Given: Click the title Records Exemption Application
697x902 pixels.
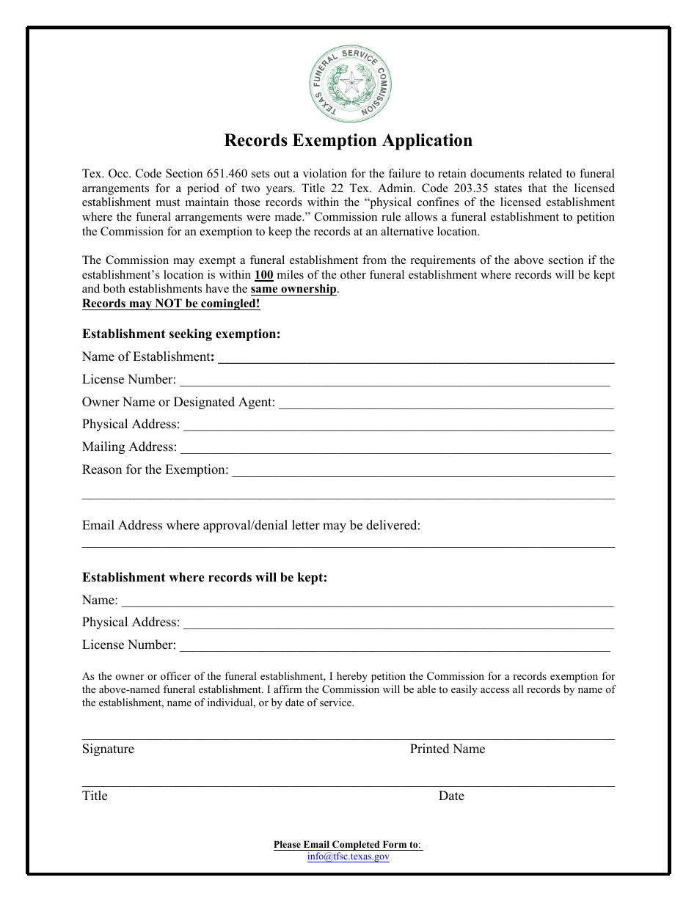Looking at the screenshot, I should click(348, 140).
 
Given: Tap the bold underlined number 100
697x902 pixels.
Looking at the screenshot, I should click(263, 275).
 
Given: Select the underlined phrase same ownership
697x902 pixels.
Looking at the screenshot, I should click(293, 289).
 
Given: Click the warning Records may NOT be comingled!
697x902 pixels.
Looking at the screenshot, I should click(171, 303).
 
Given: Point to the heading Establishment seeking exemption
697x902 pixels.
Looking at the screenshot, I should click(181, 334).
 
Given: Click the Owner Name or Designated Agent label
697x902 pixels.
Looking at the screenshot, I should click(178, 402).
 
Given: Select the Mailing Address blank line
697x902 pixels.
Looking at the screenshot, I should click(395, 448).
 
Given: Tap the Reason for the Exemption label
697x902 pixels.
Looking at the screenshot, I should click(155, 469).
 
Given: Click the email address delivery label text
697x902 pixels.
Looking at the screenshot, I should click(251, 525).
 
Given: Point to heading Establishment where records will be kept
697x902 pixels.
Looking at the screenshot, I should click(205, 577).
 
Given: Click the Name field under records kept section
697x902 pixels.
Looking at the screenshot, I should click(367, 601).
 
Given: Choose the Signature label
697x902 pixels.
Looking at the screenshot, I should click(108, 749).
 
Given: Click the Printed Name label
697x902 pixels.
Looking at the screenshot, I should click(447, 749).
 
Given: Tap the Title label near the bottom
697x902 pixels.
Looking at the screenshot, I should click(95, 796).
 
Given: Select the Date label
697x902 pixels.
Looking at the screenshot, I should click(451, 796).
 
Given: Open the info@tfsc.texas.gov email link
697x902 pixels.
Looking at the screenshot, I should click(348, 856).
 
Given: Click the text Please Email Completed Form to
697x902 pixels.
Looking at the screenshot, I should click(346, 844).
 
